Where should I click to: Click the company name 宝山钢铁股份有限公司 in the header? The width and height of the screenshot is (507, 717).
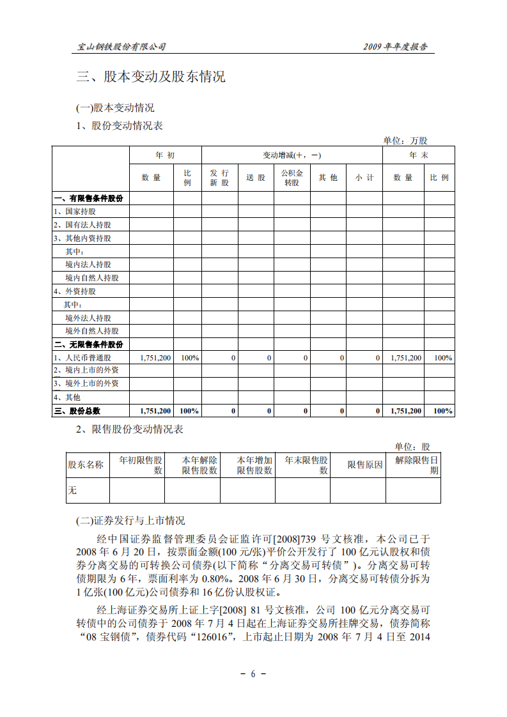coord(121,47)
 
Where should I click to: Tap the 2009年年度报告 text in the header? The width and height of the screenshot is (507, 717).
coord(395,47)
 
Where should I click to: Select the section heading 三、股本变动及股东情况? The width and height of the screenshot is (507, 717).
coord(151,78)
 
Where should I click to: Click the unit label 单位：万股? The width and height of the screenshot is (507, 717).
coord(405,140)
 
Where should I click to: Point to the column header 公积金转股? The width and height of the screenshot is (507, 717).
coord(292,177)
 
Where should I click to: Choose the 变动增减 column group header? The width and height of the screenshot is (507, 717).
coord(292,155)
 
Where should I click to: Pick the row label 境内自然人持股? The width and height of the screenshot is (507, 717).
coord(91,278)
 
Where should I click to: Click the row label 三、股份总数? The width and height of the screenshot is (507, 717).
coord(78,411)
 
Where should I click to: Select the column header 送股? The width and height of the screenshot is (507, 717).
coord(256,177)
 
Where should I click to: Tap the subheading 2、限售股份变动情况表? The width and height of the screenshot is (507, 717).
coord(130,429)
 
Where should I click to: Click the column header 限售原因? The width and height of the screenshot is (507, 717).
coord(357,465)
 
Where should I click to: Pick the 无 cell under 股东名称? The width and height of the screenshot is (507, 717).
coord(72,491)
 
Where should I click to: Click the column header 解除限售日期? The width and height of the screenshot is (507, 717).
coord(416,465)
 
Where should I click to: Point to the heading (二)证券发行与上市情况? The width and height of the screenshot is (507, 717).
coord(130,521)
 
